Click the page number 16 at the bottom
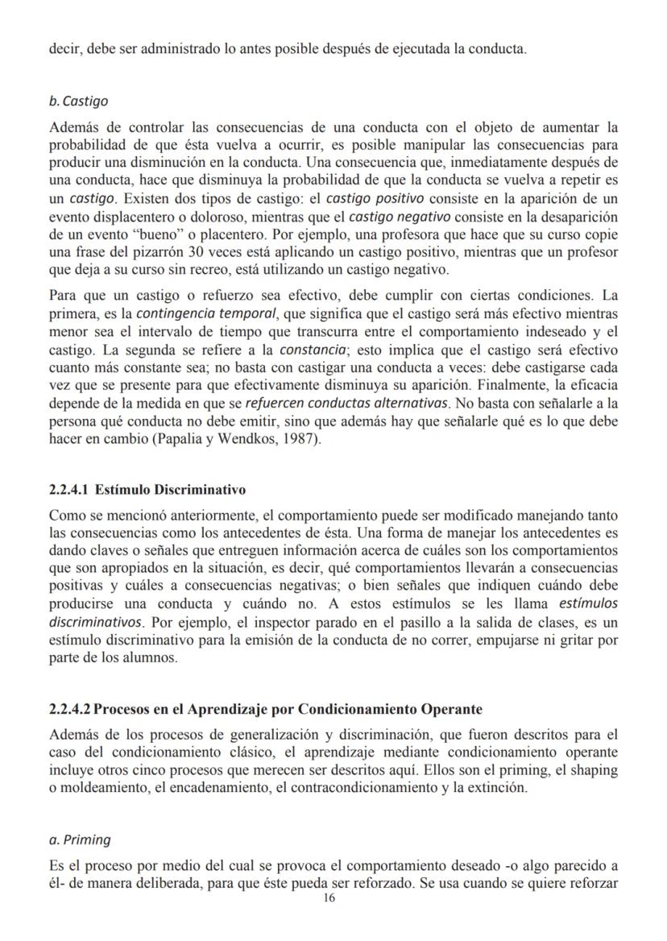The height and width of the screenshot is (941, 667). [329, 898]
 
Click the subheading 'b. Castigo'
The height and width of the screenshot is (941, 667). [78, 102]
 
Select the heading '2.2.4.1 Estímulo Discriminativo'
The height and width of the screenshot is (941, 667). [147, 490]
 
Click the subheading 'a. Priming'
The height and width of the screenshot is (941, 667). [80, 839]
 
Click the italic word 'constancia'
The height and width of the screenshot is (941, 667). [313, 350]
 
